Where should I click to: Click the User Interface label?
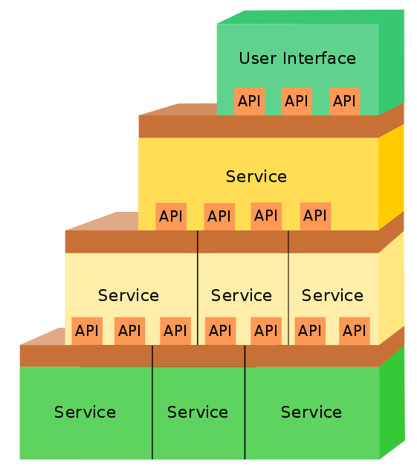click(x=297, y=58)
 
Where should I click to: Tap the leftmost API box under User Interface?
click(x=250, y=101)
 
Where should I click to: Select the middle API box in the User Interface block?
click(x=297, y=101)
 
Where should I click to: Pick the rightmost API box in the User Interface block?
click(x=344, y=101)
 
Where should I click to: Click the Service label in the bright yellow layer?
click(x=256, y=177)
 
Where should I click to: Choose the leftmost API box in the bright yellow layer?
click(x=171, y=216)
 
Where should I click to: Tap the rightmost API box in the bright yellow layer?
click(x=315, y=216)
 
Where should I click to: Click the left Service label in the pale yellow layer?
click(x=129, y=296)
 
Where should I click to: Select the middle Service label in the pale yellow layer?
click(x=242, y=296)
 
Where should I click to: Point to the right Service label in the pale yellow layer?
click(x=332, y=296)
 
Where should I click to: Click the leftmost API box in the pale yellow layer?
click(x=87, y=331)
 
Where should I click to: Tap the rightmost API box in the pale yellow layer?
click(x=355, y=331)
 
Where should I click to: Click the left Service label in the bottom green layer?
click(x=85, y=413)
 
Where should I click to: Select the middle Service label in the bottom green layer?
click(x=197, y=413)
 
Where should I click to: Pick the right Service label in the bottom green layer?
click(x=311, y=413)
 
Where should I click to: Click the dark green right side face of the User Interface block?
click(x=391, y=63)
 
